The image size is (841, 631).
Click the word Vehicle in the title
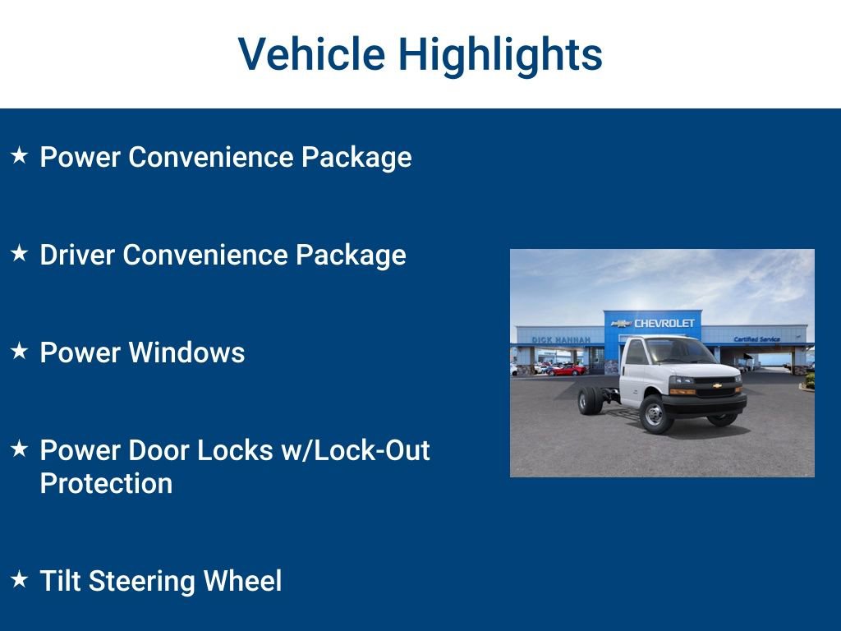coord(311,54)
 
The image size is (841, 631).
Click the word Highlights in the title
coord(500,54)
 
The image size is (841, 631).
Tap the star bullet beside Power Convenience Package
coord(20,154)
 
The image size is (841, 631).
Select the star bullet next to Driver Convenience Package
coord(20,253)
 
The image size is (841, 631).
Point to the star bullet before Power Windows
coord(20,351)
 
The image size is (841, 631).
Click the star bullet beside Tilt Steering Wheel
coord(20,579)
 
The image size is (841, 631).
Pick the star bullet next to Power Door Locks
coord(20,449)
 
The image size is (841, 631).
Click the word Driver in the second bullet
coord(78,255)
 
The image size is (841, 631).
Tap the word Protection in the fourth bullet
coord(106,483)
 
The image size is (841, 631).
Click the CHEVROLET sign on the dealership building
coord(663,323)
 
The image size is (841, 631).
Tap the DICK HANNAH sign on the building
coord(561,339)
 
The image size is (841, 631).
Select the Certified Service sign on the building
coord(756,339)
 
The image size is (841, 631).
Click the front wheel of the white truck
coord(655,414)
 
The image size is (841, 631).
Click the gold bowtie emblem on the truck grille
coord(717,385)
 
